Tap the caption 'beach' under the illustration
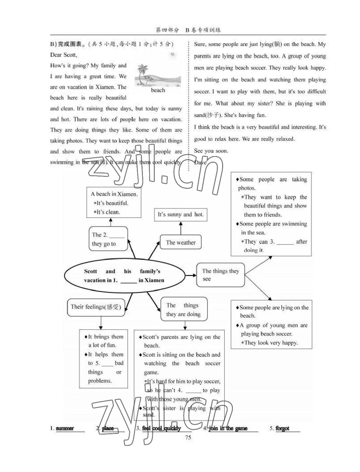coord(158,90)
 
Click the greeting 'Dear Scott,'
coord(64,55)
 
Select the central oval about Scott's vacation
coord(124,276)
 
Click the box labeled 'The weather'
coord(181,242)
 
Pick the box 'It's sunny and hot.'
coord(181,215)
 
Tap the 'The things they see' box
coord(220,275)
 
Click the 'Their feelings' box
coord(96,307)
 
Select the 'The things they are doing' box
coord(183,310)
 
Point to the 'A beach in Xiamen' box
coord(114,203)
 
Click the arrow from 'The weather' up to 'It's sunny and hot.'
coord(181,228)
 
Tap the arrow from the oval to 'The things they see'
coord(191,275)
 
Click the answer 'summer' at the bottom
coord(65,428)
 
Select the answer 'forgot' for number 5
coord(282,428)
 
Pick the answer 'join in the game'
coord(228,428)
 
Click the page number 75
coord(188,437)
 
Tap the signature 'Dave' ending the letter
coord(200,162)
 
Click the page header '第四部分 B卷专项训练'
coord(188,30)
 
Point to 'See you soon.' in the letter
coord(211,151)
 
